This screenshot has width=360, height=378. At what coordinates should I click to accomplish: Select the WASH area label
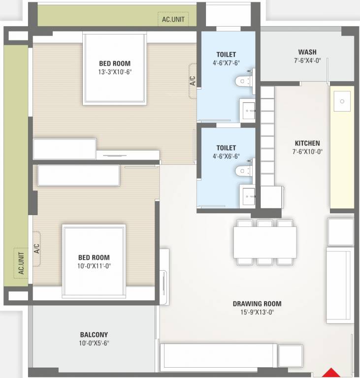click(307, 52)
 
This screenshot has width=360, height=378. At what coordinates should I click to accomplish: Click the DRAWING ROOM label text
click(257, 304)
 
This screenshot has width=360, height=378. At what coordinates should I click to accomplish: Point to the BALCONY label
click(94, 335)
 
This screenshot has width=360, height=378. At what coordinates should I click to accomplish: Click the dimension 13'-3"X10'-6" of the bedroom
click(115, 72)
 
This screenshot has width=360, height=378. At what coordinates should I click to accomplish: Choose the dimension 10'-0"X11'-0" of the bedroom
click(94, 266)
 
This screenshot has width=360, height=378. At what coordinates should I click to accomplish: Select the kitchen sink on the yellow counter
click(341, 101)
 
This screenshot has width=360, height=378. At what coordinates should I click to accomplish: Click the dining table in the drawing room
click(265, 242)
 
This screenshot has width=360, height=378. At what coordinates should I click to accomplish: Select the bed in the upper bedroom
click(115, 69)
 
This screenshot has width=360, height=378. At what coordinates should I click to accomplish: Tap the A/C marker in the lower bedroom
click(36, 249)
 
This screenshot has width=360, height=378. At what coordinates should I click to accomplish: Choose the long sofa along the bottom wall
click(219, 356)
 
